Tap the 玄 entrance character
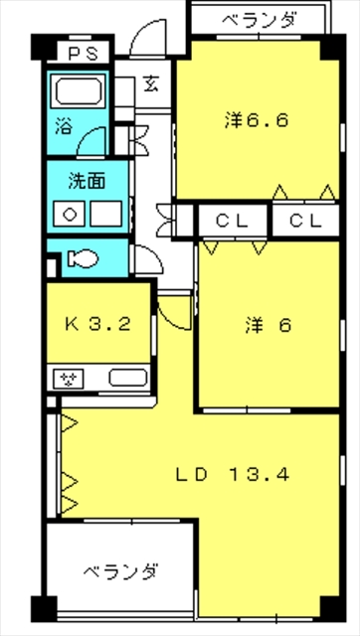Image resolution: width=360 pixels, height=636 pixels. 151,84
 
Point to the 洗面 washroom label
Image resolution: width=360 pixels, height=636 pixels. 83,183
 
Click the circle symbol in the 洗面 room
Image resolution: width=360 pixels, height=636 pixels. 71,212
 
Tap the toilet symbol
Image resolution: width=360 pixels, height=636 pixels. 81,260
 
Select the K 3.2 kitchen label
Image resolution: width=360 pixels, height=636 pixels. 96,323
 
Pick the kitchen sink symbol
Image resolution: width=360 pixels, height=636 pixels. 127,378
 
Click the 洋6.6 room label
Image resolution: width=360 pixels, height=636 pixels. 256,122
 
